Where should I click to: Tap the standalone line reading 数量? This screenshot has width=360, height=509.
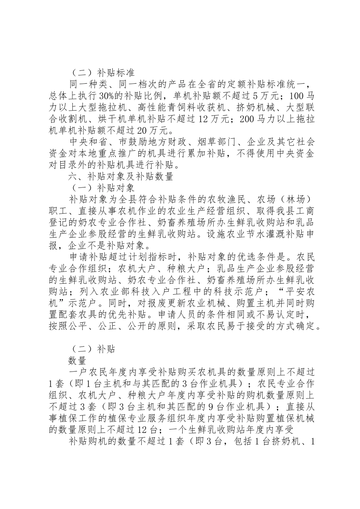(x=78, y=360)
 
